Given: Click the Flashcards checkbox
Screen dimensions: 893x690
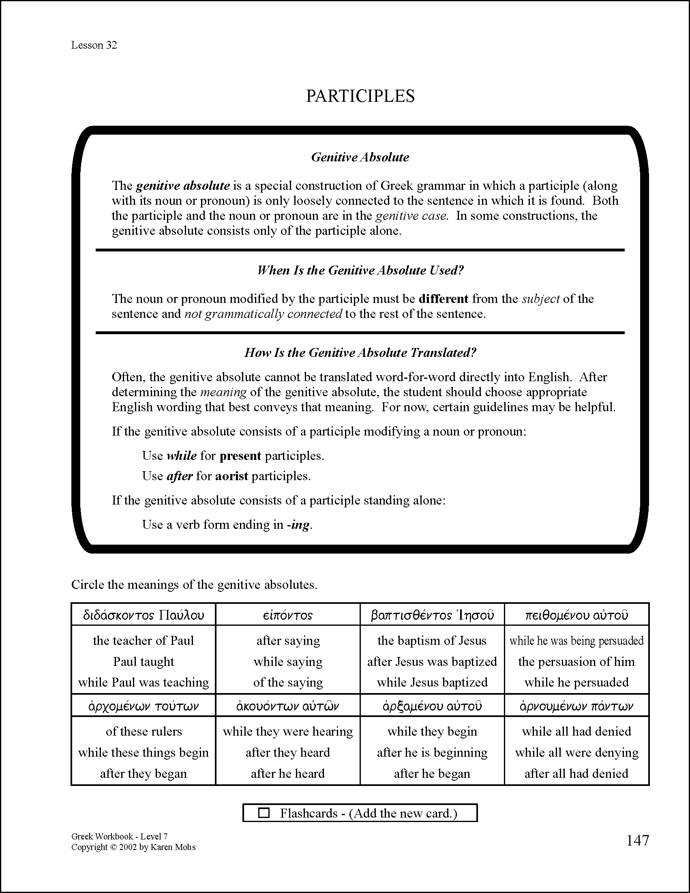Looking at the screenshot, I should [x=264, y=813].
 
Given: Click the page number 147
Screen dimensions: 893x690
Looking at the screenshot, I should [x=637, y=840].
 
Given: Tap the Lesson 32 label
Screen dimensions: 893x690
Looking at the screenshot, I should [x=94, y=45].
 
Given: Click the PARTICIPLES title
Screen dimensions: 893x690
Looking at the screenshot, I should [x=360, y=96].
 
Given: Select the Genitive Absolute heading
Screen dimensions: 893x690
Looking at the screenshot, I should [x=360, y=157].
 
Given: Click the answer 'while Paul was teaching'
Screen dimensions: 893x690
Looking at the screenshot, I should [x=144, y=683].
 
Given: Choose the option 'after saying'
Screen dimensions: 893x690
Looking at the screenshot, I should [x=288, y=641].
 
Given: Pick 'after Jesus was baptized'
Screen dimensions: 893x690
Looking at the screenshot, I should [x=432, y=661].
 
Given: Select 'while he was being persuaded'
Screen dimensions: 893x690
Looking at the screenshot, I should [x=576, y=641].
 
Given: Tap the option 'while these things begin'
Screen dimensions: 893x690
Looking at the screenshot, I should [x=144, y=753].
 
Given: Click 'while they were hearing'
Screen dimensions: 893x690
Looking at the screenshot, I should [x=288, y=732].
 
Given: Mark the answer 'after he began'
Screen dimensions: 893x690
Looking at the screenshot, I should [x=432, y=774].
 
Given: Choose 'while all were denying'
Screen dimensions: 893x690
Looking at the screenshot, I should [x=576, y=753].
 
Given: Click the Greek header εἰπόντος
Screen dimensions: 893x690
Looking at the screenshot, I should [x=288, y=615].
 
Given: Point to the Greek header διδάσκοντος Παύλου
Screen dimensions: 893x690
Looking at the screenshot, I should [x=144, y=615].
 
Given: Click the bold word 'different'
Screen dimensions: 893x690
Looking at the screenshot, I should [x=444, y=299].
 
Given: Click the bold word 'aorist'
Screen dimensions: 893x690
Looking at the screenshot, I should [x=231, y=477].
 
